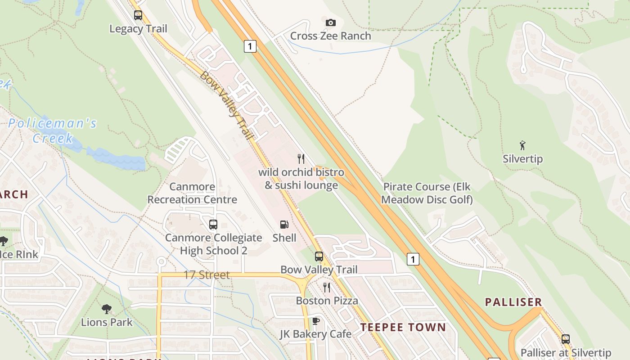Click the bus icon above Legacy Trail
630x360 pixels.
pos(138,15)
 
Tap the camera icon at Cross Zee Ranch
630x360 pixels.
pos(330,22)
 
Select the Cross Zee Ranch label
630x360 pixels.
pos(330,36)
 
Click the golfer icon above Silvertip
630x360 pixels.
pos(522,145)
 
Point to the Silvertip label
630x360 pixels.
pos(522,159)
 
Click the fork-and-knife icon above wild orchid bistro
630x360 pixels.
pos(301,158)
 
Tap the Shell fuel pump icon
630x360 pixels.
pos(284,224)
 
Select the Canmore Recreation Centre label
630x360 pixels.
pos(192,193)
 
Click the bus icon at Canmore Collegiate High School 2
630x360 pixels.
pos(213,224)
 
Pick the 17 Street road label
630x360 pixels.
pos(207,274)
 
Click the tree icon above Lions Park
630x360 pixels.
pos(107,309)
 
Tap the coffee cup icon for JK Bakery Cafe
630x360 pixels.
pos(316,321)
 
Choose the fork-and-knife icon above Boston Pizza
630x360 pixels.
pos(327,287)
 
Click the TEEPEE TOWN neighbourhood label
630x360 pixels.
pos(403,328)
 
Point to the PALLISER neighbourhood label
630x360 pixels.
pos(513,302)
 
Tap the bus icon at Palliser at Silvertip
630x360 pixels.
pos(566,339)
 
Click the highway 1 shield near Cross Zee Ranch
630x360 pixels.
pos(250,46)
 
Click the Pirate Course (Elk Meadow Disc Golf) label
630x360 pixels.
pos(427,193)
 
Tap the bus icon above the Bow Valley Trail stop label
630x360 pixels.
pos(319,256)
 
